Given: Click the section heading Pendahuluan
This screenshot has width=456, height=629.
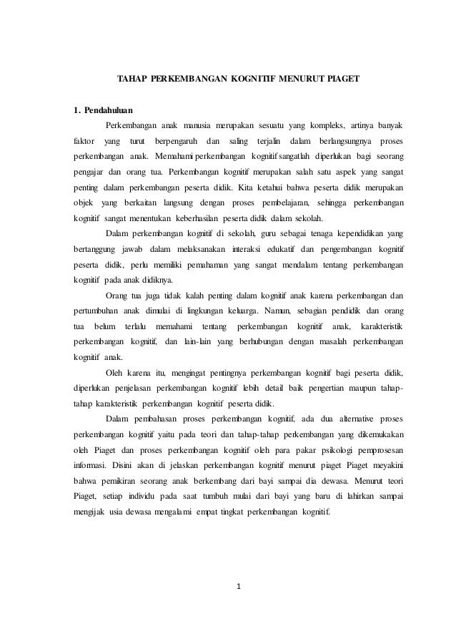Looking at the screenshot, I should [108, 111].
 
